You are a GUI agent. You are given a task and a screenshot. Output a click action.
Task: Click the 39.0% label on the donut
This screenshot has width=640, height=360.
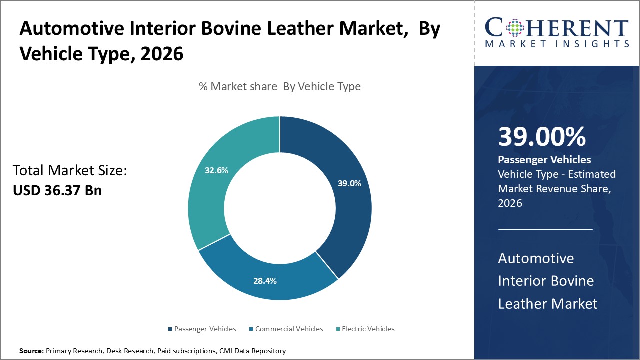click(x=349, y=183)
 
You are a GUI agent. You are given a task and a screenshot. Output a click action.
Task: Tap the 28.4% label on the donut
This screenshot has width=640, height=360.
click(x=265, y=281)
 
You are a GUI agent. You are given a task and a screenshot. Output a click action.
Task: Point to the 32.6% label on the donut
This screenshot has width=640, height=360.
click(x=216, y=170)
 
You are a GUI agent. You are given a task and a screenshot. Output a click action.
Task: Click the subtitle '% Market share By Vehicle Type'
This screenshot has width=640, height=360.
click(x=280, y=86)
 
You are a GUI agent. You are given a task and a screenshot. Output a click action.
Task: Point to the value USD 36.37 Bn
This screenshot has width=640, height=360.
click(x=57, y=190)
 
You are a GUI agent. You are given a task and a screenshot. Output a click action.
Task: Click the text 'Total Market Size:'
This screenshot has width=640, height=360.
click(x=70, y=171)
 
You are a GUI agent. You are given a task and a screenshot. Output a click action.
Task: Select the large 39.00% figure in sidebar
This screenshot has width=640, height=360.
click(x=542, y=137)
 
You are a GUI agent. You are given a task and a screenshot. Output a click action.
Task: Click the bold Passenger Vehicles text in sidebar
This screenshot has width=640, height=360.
click(x=544, y=160)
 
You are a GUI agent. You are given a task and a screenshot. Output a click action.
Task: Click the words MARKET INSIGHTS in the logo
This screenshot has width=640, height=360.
click(x=557, y=44)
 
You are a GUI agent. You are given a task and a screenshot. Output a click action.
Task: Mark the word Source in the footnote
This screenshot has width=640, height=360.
click(x=31, y=351)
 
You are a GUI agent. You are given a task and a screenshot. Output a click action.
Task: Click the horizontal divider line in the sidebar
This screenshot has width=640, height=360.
click(x=545, y=230)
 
